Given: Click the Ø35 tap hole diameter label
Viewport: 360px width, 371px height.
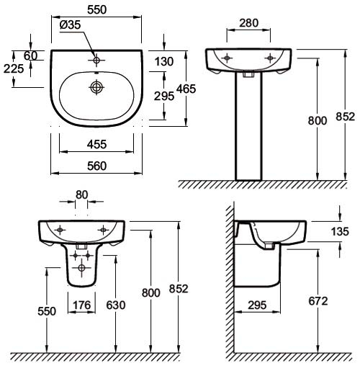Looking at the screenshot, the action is [x=70, y=24].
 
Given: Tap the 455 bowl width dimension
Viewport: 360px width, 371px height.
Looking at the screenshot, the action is [x=96, y=144].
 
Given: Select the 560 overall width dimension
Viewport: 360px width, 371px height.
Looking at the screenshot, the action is [x=96, y=166].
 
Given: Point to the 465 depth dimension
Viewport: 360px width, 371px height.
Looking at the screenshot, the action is [x=186, y=89].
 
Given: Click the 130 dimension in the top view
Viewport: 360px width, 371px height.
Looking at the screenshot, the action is [x=164, y=61].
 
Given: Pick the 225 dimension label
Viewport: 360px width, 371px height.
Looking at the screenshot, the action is [x=14, y=69].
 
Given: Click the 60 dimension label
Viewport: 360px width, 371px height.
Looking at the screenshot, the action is [x=30, y=56].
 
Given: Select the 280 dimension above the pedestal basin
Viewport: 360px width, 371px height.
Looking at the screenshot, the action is [x=249, y=23].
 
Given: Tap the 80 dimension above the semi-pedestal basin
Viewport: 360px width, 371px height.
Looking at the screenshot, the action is [x=81, y=195].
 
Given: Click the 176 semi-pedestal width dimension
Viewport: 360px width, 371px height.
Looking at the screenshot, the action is [x=82, y=305].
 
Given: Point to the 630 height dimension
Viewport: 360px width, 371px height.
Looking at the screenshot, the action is [x=116, y=305].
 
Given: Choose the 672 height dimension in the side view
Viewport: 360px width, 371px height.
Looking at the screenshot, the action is [x=318, y=301].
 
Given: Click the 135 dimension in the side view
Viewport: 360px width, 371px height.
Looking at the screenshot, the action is [x=340, y=232].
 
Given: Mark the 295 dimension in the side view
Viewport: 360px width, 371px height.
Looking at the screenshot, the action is [x=257, y=305].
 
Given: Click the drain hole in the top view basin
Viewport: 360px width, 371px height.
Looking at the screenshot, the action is [x=96, y=87].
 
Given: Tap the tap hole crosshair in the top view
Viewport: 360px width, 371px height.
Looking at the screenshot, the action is [x=96, y=60].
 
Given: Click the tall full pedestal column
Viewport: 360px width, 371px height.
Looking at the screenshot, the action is [x=248, y=126].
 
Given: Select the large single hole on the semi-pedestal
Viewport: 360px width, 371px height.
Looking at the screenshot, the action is [x=81, y=267].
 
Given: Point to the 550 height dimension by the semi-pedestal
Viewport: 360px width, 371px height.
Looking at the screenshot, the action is [x=47, y=311].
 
